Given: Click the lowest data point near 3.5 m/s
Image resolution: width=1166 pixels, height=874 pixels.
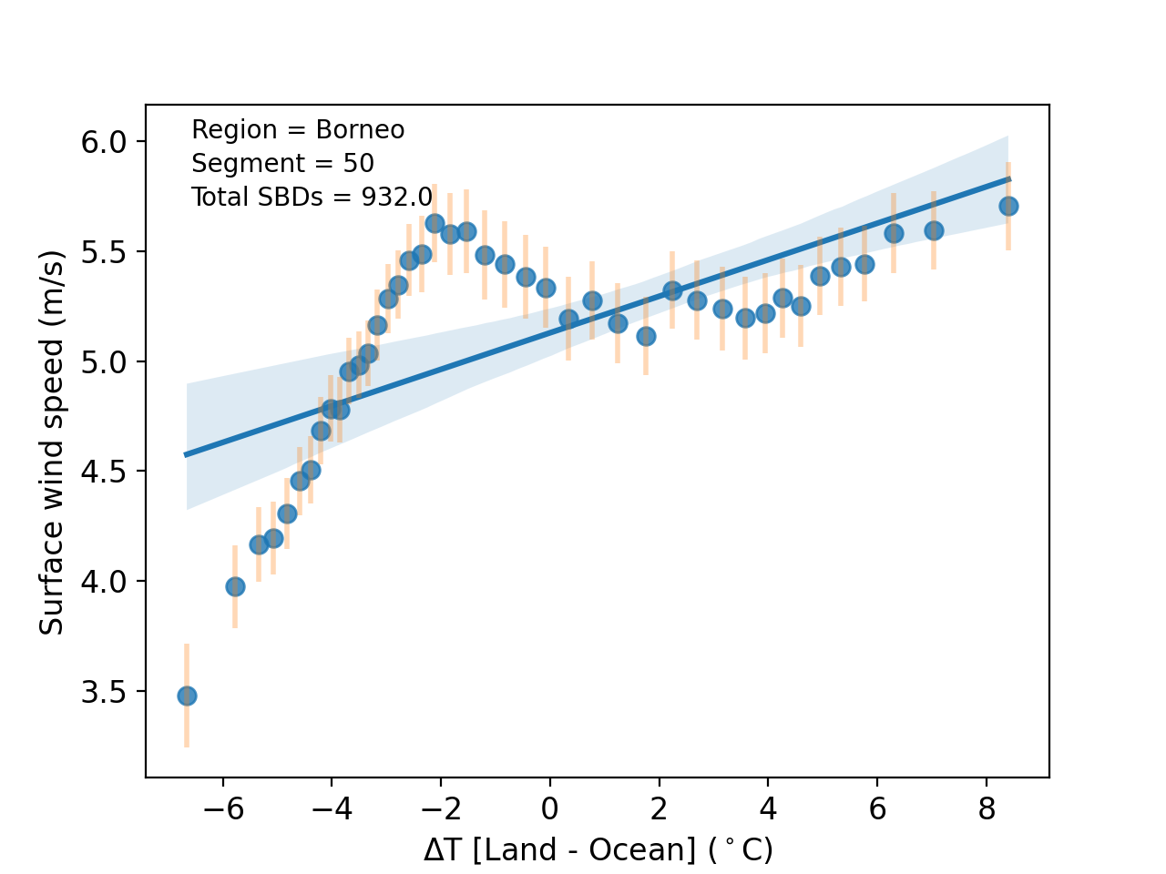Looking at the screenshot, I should coord(187,696).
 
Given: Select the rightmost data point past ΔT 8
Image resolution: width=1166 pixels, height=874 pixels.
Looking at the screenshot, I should coord(1008,206).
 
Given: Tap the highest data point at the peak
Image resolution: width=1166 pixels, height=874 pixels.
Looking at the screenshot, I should coord(435,223).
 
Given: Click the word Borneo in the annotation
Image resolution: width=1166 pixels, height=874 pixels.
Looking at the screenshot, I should coord(360,130).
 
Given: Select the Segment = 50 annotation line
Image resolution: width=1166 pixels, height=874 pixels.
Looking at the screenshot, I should coord(282,164).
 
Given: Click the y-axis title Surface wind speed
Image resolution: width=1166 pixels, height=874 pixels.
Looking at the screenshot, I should coord(52,442).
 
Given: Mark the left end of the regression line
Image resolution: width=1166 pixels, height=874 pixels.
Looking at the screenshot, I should coord(188,454).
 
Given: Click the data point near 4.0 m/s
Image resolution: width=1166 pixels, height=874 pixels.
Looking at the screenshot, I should coord(235,586).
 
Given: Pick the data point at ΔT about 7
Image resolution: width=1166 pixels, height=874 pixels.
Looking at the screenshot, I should coord(934,230).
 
